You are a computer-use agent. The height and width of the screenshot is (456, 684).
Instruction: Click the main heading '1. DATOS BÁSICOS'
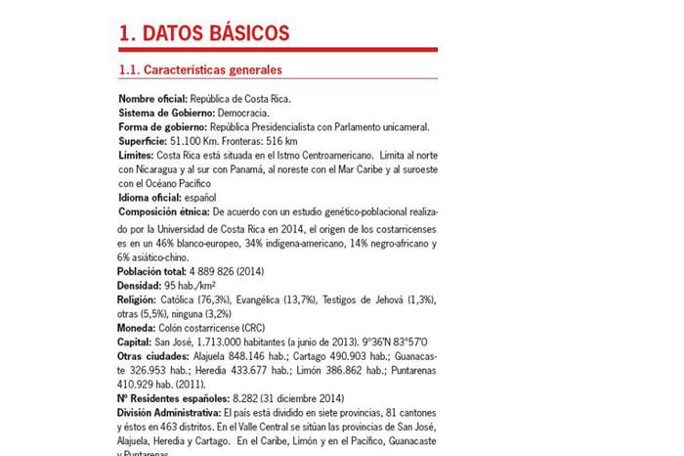pos(203,33)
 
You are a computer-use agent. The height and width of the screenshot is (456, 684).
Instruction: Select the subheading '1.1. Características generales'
pos(199,69)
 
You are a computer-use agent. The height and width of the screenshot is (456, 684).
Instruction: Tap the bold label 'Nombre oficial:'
pos(153,99)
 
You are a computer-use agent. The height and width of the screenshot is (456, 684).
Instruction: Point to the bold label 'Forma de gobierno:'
pos(162,127)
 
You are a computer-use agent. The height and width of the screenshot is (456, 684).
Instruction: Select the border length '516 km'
pos(283,141)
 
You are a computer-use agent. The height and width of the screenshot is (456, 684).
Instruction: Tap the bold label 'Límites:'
pos(137,156)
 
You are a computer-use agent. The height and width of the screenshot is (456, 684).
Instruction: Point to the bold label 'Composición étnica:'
pos(163,211)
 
